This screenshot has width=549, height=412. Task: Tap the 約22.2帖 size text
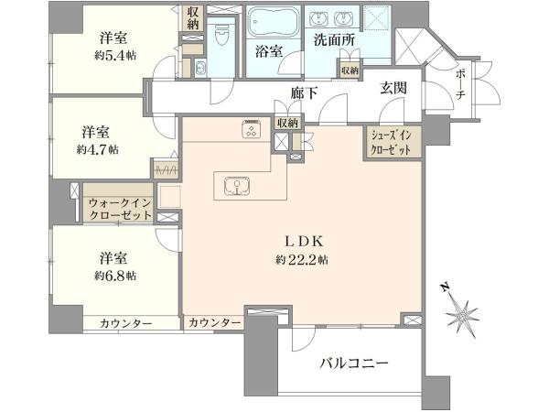click(302, 260)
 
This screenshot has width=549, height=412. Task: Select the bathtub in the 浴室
click(274, 21)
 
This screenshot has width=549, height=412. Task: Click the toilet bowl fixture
click(221, 36)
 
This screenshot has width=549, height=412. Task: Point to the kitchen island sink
click(237, 186)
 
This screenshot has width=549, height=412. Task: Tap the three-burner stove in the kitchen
click(251, 129)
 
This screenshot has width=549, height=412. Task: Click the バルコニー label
click(353, 363)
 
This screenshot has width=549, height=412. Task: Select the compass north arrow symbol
click(461, 311)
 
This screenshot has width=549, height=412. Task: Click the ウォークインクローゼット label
click(120, 209)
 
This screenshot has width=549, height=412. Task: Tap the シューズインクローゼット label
click(391, 142)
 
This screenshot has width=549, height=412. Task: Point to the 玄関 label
click(393, 88)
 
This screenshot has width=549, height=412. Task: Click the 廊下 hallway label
click(304, 92)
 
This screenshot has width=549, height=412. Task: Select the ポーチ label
click(460, 84)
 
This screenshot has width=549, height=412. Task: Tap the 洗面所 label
click(334, 39)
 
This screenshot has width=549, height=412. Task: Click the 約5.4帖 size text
click(115, 55)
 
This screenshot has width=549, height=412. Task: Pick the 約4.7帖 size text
click(98, 149)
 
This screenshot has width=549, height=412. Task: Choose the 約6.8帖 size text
click(115, 276)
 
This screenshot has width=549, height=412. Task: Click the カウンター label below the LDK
click(215, 322)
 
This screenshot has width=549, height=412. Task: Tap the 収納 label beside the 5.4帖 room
click(192, 18)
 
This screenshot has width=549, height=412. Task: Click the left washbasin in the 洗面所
click(319, 18)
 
